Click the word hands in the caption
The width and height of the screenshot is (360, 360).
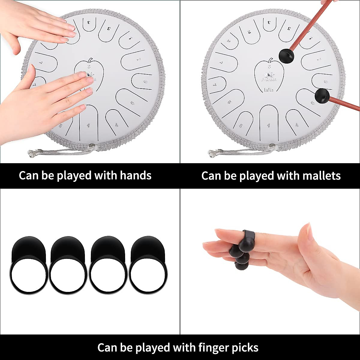tap(136, 175)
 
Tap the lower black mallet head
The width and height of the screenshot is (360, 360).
tap(322, 96)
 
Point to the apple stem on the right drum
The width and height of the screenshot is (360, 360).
tap(271, 60)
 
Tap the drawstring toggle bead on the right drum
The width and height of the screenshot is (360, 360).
tap(272, 146)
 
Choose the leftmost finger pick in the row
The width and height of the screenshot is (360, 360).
tap(28, 265)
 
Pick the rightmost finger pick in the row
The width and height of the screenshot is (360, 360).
tap(148, 265)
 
